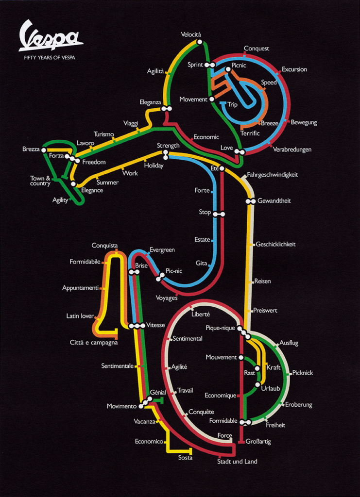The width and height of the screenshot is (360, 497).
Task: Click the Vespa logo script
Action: pyautogui.click(x=50, y=36)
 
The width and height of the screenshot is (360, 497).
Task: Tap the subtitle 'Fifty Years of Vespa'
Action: pyautogui.click(x=50, y=57)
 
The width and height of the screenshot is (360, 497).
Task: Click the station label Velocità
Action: pyautogui.click(x=191, y=34)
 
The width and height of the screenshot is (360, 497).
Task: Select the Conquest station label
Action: pyautogui.click(x=256, y=49)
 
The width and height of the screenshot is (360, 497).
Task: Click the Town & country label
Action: pyautogui.click(x=40, y=181)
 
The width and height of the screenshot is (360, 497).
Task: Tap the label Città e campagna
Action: pyautogui.click(x=94, y=343)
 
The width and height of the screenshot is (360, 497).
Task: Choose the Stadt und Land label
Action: pyautogui.click(x=237, y=462)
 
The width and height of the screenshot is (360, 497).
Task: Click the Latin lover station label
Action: pyautogui.click(x=80, y=316)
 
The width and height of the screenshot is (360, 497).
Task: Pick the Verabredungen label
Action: pyautogui.click(x=292, y=149)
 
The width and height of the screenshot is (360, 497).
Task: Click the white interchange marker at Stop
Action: pyautogui.click(x=219, y=214)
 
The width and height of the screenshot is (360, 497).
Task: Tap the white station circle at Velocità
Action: pyautogui.click(x=200, y=42)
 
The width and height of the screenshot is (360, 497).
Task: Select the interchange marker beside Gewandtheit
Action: pyautogui.click(x=251, y=201)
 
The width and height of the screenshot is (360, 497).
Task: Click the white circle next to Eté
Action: pyautogui.click(x=222, y=169)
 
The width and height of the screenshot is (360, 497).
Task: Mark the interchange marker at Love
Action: pyautogui.click(x=239, y=152)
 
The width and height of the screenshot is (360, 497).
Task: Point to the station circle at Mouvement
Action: pyautogui.click(x=241, y=358)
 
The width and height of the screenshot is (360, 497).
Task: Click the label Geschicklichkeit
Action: pyautogui.click(x=275, y=244)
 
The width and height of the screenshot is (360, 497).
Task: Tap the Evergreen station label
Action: pyautogui.click(x=162, y=250)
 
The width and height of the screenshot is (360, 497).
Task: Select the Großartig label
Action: pyautogui.click(x=258, y=442)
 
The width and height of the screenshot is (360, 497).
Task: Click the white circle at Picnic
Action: pyautogui.click(x=227, y=69)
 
